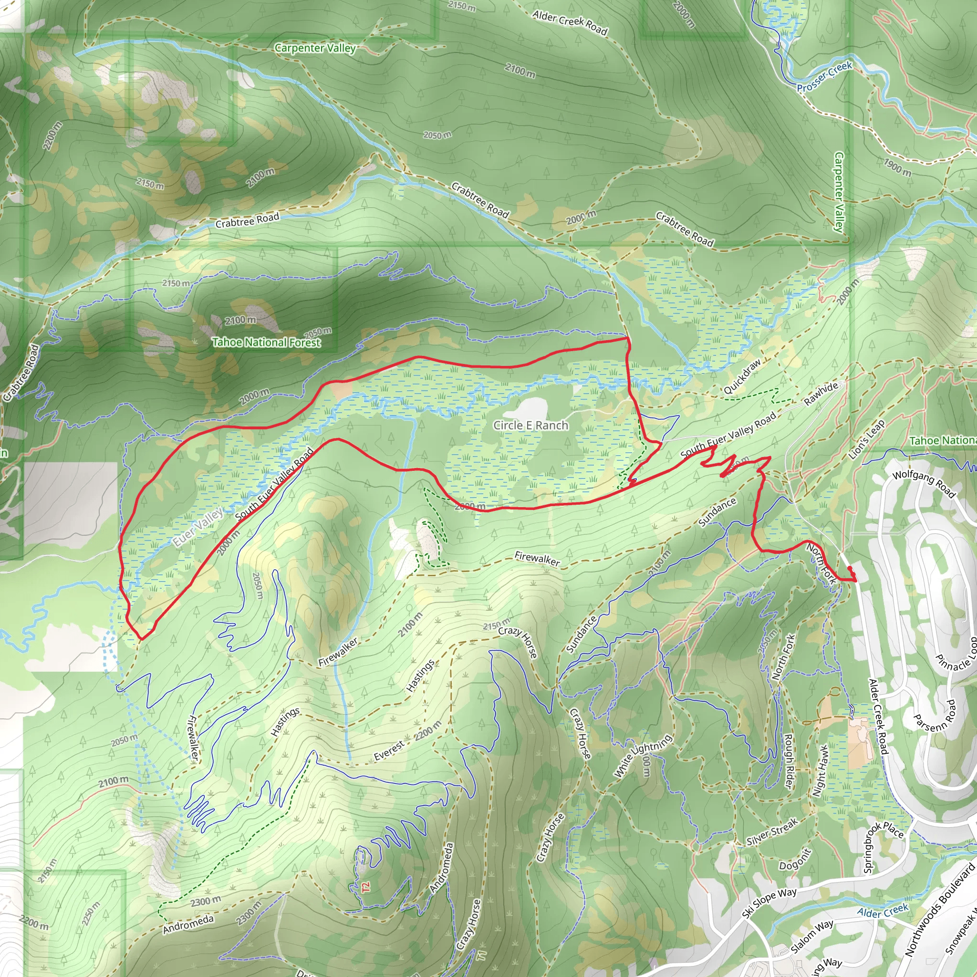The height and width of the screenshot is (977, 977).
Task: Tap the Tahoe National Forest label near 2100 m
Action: pos(266,343)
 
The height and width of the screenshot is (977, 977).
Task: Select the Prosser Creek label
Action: pos(824,77)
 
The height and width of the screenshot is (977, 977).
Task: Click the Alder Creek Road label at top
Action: pos(570,23)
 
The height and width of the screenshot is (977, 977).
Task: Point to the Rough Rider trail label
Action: pos(788,760)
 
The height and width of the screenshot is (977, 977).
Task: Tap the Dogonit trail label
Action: pos(795,859)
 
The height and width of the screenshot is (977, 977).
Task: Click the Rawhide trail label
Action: pos(821,394)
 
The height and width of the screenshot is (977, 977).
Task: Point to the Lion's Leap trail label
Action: pos(867,439)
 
